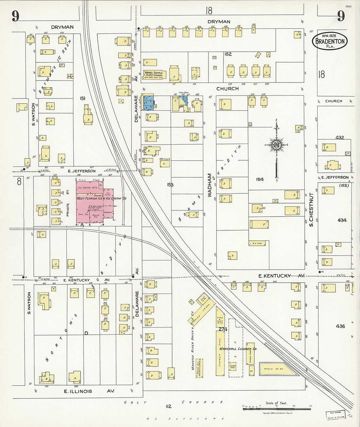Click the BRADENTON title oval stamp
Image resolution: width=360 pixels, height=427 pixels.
point(330,41)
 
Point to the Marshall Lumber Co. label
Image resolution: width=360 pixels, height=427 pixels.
point(238,349)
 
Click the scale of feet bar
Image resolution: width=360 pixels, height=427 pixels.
point(277,409)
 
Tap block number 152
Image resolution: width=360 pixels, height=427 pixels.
point(228,54)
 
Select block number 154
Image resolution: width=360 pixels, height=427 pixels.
point(260,179)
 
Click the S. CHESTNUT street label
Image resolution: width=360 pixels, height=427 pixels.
point(311,210)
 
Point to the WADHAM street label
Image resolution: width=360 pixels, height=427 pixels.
point(210,185)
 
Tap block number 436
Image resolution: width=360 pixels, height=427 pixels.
point(340,326)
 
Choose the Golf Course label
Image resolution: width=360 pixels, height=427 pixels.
point(173,402)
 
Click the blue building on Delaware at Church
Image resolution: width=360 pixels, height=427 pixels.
point(148,103)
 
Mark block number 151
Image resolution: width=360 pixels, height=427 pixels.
point(83,98)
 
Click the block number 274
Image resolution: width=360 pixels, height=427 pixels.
point(223,329)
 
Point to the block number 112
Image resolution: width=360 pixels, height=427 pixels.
point(169,406)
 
